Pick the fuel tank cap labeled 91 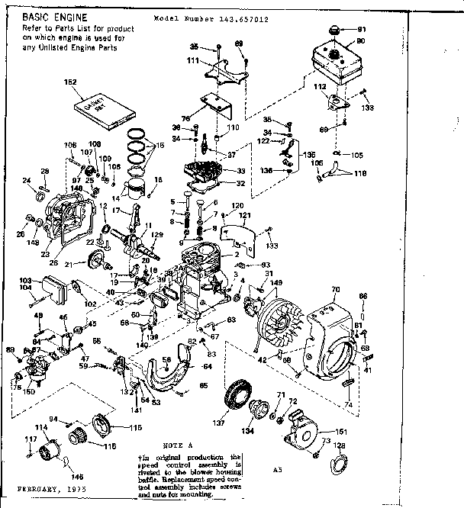pyautogui.click(x=333, y=31)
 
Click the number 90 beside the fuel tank pyautogui.click(x=361, y=41)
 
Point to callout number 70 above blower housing pyautogui.click(x=333, y=290)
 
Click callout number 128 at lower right pyautogui.click(x=340, y=445)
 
